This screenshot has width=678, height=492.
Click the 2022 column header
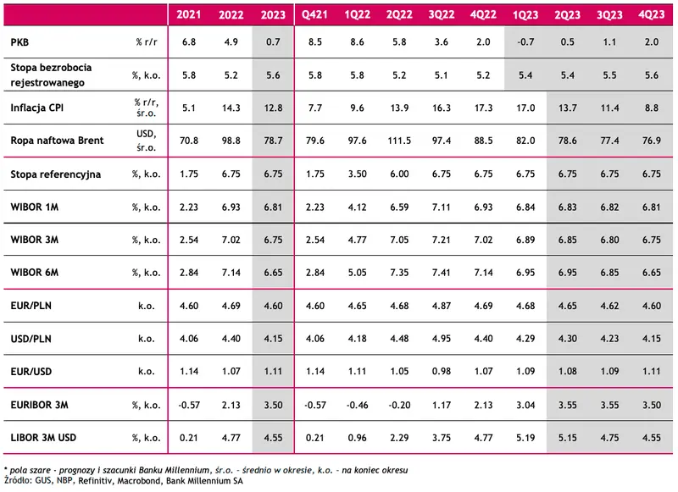pos(231,15)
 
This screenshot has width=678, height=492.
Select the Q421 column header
pos(314,15)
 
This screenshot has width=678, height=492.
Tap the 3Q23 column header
pos(609,15)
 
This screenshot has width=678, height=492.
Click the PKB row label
pos(19,42)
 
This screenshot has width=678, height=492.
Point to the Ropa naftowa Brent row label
pos(57,141)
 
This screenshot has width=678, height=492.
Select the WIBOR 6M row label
pos(35,273)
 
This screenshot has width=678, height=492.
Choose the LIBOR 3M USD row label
pos(43,438)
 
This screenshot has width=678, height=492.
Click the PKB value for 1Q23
pos(525,42)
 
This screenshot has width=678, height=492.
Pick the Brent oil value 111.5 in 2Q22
pos(399,141)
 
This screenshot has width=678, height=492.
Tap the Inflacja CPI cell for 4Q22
pos(483,108)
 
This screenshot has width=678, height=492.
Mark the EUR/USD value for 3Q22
pos(441,372)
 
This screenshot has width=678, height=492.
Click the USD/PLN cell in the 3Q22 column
pos(441,339)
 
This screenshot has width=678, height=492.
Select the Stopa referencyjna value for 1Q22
pos(357,174)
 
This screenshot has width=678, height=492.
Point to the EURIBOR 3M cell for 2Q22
pos(399,405)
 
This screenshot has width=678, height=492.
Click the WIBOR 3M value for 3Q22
pos(441,240)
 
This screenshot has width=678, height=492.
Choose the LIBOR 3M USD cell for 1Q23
pos(525,438)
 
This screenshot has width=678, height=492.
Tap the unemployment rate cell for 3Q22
pos(441,75)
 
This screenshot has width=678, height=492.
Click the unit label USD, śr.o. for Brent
pos(146,141)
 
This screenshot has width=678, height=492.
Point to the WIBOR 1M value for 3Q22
pos(441,207)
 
